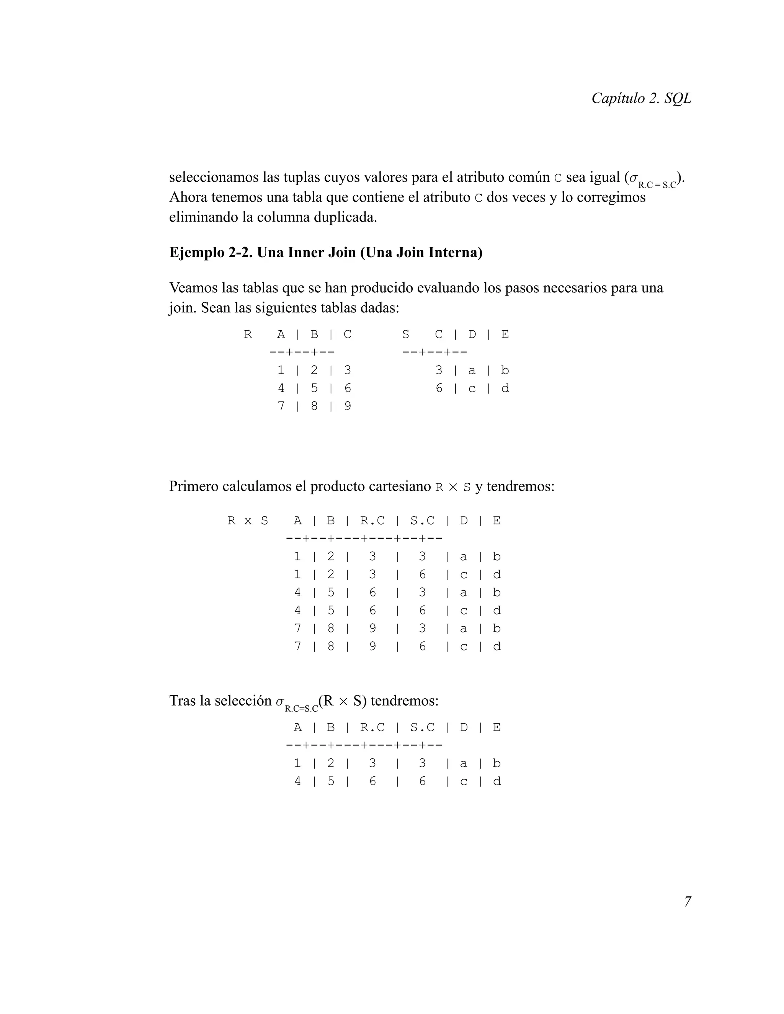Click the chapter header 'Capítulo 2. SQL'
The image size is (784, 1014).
pyautogui.click(x=641, y=98)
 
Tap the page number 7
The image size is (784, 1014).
pyautogui.click(x=688, y=902)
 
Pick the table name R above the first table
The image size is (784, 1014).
pyautogui.click(x=248, y=334)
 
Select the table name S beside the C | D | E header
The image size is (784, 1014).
pyautogui.click(x=405, y=334)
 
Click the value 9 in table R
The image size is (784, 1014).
pyautogui.click(x=348, y=406)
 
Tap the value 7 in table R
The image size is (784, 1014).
pyautogui.click(x=281, y=406)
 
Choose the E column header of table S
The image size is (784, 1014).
pyautogui.click(x=505, y=334)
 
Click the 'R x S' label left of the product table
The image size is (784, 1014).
pyautogui.click(x=248, y=521)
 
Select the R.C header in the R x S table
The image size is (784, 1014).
pyautogui.click(x=372, y=521)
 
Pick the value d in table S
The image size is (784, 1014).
pyautogui.click(x=505, y=389)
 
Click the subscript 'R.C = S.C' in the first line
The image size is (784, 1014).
pyautogui.click(x=657, y=185)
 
